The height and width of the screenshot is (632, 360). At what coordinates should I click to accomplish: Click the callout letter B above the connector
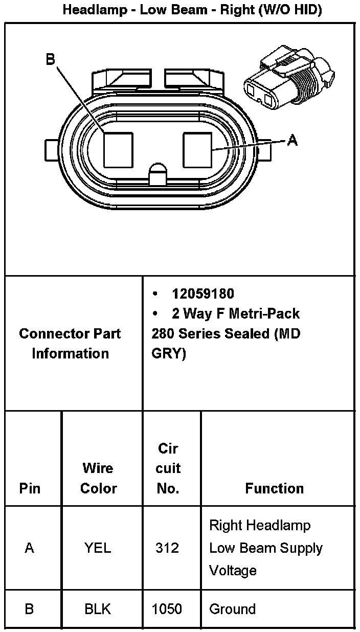[x=50, y=60]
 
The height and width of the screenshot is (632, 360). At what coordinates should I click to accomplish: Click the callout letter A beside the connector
[x=292, y=140]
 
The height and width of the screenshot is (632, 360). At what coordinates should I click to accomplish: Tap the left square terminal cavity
[x=118, y=149]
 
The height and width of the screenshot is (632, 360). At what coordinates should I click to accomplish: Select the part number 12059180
[x=203, y=294]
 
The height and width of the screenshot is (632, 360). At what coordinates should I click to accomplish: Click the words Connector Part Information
[x=70, y=343]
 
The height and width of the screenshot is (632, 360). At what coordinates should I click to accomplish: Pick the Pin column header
[x=30, y=488]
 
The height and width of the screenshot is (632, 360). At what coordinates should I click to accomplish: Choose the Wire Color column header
[x=99, y=478]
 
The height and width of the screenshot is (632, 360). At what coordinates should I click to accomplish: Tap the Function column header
[x=274, y=488]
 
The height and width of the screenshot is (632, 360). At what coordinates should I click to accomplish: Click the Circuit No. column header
[x=168, y=468]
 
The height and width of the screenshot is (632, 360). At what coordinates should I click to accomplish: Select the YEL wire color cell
[x=98, y=548]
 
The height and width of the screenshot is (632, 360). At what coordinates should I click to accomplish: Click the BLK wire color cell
[x=98, y=609]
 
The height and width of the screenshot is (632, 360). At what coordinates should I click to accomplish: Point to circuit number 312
[x=167, y=548]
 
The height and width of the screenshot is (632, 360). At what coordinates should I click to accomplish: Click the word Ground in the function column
[x=232, y=609]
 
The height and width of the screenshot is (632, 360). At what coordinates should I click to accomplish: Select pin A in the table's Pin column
[x=30, y=548]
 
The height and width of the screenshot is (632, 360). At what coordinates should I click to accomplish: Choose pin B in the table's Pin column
[x=30, y=609]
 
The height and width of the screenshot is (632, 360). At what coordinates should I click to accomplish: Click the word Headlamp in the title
[x=95, y=10]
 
